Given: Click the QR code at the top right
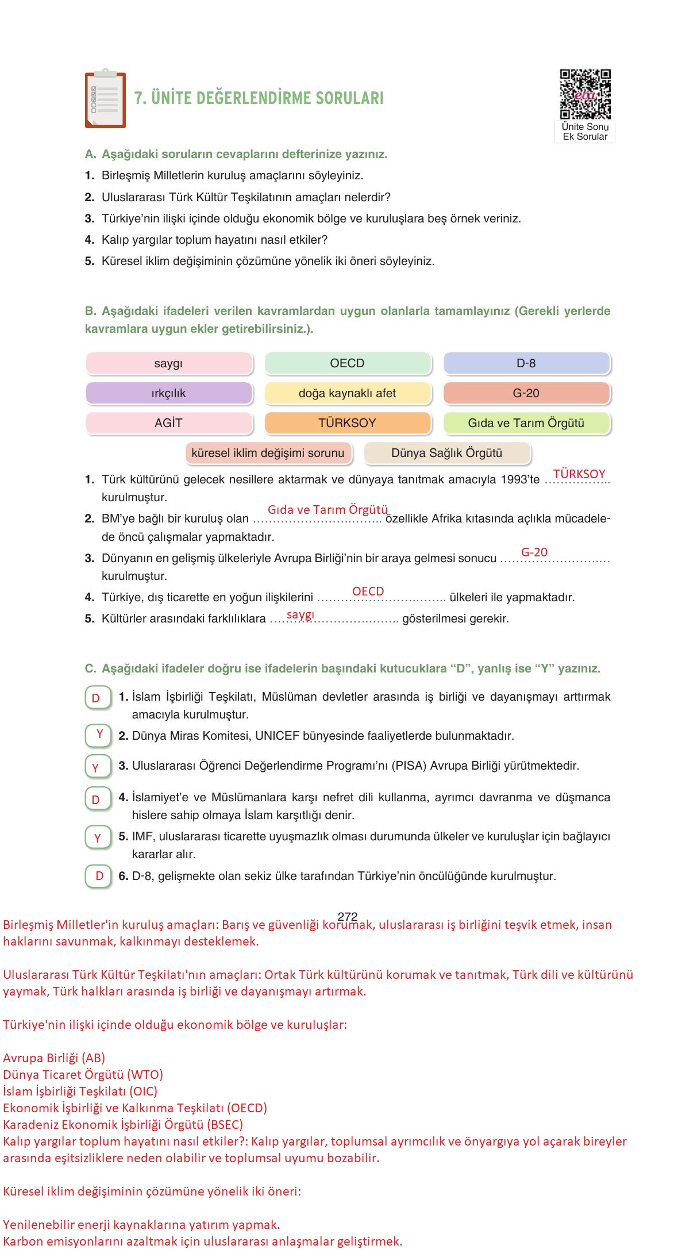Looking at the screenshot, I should pyautogui.click(x=585, y=94).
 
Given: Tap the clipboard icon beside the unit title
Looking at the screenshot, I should pyautogui.click(x=105, y=99).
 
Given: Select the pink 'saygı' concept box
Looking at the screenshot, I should pyautogui.click(x=168, y=363).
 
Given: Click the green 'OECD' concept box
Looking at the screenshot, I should pyautogui.click(x=347, y=363).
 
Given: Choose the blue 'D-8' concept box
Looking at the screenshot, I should pyautogui.click(x=526, y=363).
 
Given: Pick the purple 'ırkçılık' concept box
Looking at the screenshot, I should pyautogui.click(x=168, y=393).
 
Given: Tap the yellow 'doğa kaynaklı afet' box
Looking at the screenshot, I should pyautogui.click(x=347, y=393).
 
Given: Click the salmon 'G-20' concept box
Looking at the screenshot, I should pyautogui.click(x=526, y=393).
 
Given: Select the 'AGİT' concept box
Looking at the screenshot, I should pyautogui.click(x=168, y=423).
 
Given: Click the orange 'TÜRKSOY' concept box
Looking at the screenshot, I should pyautogui.click(x=347, y=423).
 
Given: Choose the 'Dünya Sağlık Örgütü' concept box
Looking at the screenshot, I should pyautogui.click(x=446, y=453).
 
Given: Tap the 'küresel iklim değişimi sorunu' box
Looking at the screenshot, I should pyautogui.click(x=268, y=453).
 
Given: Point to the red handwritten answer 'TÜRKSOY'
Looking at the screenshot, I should pyautogui.click(x=579, y=474).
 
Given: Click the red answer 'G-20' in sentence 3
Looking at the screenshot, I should pyautogui.click(x=534, y=552).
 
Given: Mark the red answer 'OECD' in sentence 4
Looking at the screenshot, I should pyautogui.click(x=368, y=591).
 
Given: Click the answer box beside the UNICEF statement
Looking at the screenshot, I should pyautogui.click(x=98, y=735).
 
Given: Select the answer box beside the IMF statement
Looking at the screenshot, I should pyautogui.click(x=98, y=838).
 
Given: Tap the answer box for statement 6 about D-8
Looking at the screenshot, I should pyautogui.click(x=98, y=876).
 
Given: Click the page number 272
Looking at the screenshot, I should pyautogui.click(x=348, y=916).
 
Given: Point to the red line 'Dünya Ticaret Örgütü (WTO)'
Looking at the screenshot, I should pyautogui.click(x=83, y=1074).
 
